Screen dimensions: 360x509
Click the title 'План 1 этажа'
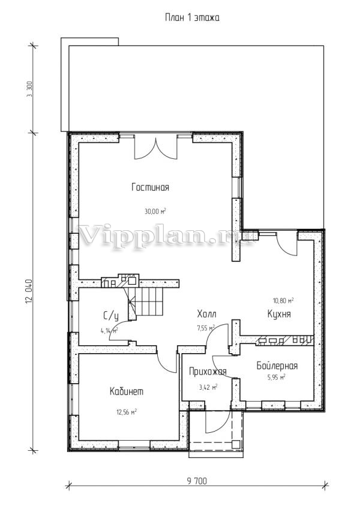192,17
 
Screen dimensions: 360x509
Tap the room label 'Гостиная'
151,187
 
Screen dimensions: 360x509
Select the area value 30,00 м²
155,212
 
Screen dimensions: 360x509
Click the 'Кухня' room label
279,314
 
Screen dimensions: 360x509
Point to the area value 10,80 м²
283,300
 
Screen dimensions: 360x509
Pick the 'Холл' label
206,314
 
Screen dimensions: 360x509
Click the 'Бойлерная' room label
277,366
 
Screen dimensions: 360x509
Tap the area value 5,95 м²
276,377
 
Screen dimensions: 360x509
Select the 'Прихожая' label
208,371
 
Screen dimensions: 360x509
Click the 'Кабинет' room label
127,391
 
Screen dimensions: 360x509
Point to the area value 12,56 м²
127,412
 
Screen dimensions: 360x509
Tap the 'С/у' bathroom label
111,315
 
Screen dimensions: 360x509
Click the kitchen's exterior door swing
287,244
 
